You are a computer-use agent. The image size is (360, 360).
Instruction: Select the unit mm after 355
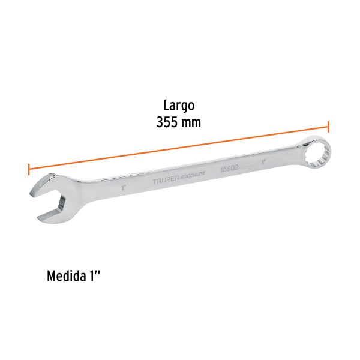point(191,122)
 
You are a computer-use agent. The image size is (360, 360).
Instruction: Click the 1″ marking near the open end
point(122,187)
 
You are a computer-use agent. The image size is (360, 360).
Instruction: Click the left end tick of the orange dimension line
point(29,169)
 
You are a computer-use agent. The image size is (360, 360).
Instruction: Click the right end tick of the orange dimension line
point(328,127)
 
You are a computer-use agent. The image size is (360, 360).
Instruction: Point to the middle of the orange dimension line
point(178,148)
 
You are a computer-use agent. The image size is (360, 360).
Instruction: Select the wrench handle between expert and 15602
point(213,172)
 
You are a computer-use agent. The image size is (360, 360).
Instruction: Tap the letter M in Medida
point(52,278)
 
